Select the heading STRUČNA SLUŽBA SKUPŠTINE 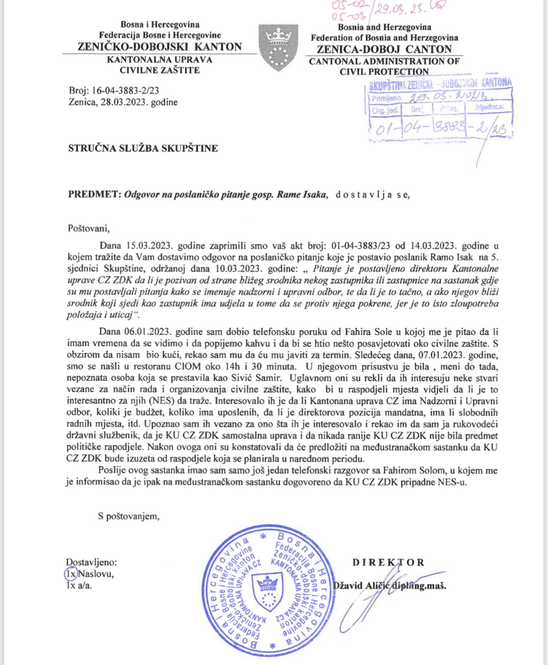(143, 148)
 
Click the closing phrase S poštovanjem (128, 517)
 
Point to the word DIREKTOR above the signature (388, 562)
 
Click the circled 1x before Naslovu (70, 574)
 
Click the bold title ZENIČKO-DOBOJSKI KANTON (160, 47)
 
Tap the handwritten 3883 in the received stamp (449, 127)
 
